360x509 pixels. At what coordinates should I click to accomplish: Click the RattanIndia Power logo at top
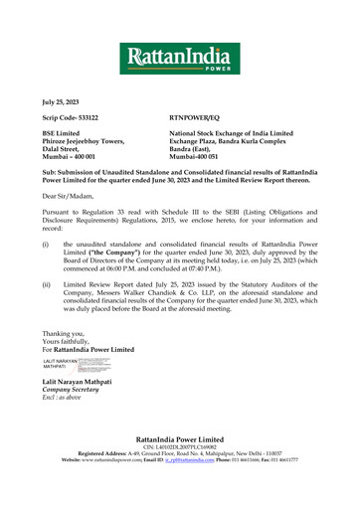179,59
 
